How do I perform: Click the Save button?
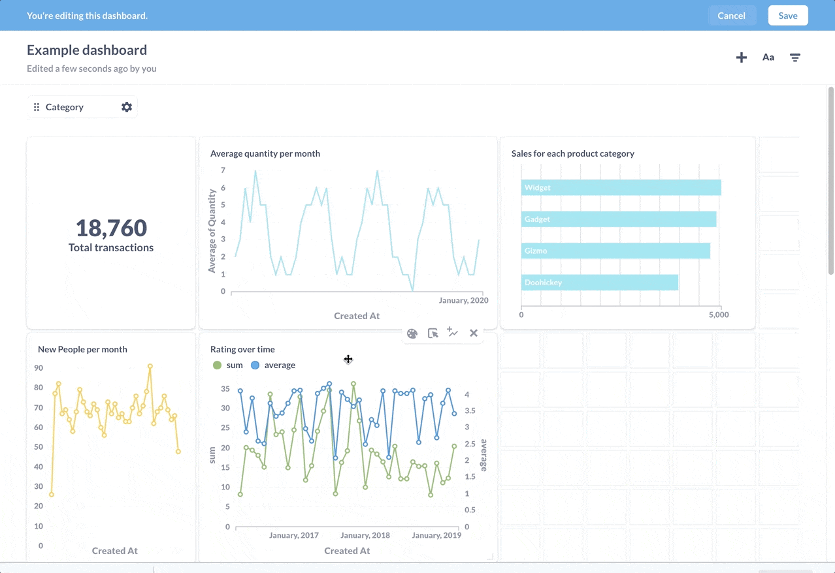pyautogui.click(x=787, y=16)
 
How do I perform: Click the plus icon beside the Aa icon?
pyautogui.click(x=742, y=57)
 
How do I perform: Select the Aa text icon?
pyautogui.click(x=768, y=57)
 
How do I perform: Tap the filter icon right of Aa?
pyautogui.click(x=795, y=57)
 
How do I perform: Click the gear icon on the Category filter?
pyautogui.click(x=127, y=107)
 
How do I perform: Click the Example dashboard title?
pyautogui.click(x=87, y=50)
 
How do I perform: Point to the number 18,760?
pyautogui.click(x=111, y=228)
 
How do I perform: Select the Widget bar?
pyautogui.click(x=621, y=187)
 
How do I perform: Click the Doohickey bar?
pyautogui.click(x=599, y=283)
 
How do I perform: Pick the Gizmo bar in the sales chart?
pyautogui.click(x=615, y=251)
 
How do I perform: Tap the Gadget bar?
pyautogui.click(x=618, y=219)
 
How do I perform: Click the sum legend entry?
pyautogui.click(x=228, y=365)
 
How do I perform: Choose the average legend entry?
pyautogui.click(x=273, y=365)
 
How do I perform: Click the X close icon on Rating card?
pyautogui.click(x=474, y=333)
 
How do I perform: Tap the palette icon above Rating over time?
pyautogui.click(x=412, y=333)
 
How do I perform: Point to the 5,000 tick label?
pyautogui.click(x=718, y=315)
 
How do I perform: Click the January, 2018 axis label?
pyautogui.click(x=365, y=535)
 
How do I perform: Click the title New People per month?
pyautogui.click(x=82, y=349)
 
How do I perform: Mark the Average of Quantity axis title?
pyautogui.click(x=212, y=230)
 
